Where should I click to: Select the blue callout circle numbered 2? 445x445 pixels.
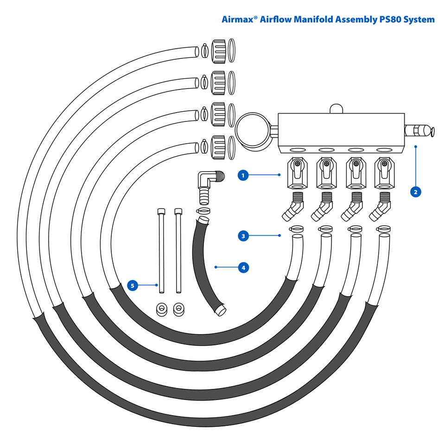point(416,191)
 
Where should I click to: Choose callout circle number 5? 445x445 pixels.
point(133,286)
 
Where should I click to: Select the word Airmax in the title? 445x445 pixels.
point(238,19)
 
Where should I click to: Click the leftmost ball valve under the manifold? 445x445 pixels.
point(296,173)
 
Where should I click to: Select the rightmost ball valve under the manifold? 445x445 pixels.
point(384,173)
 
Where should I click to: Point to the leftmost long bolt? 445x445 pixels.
point(161,251)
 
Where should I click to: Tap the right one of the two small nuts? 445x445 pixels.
point(178,309)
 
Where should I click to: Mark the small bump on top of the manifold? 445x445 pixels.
point(335,108)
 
